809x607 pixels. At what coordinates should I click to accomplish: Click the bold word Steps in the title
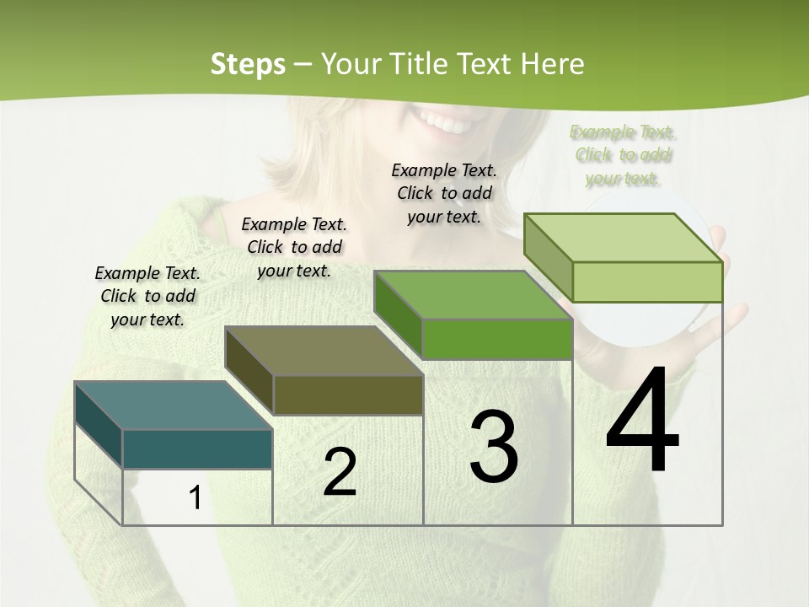tap(248, 64)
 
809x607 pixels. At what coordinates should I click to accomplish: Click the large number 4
tap(642, 422)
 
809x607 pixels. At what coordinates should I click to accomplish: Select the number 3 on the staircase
tap(494, 447)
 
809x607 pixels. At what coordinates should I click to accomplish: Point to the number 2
tap(340, 472)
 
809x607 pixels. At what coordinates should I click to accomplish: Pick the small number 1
tap(195, 498)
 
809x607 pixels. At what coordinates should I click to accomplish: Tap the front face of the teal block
tap(197, 449)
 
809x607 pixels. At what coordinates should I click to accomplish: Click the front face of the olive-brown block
tap(348, 395)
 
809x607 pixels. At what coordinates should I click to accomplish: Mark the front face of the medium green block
tap(497, 339)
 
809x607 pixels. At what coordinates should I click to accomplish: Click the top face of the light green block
tap(624, 237)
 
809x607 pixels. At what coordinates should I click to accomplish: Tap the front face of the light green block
tap(647, 282)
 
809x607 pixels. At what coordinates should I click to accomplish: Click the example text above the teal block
tap(147, 296)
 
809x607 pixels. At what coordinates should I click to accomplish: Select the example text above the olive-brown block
tap(294, 247)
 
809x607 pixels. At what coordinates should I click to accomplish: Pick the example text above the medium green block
tap(444, 193)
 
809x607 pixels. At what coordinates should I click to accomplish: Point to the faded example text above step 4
tap(623, 155)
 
